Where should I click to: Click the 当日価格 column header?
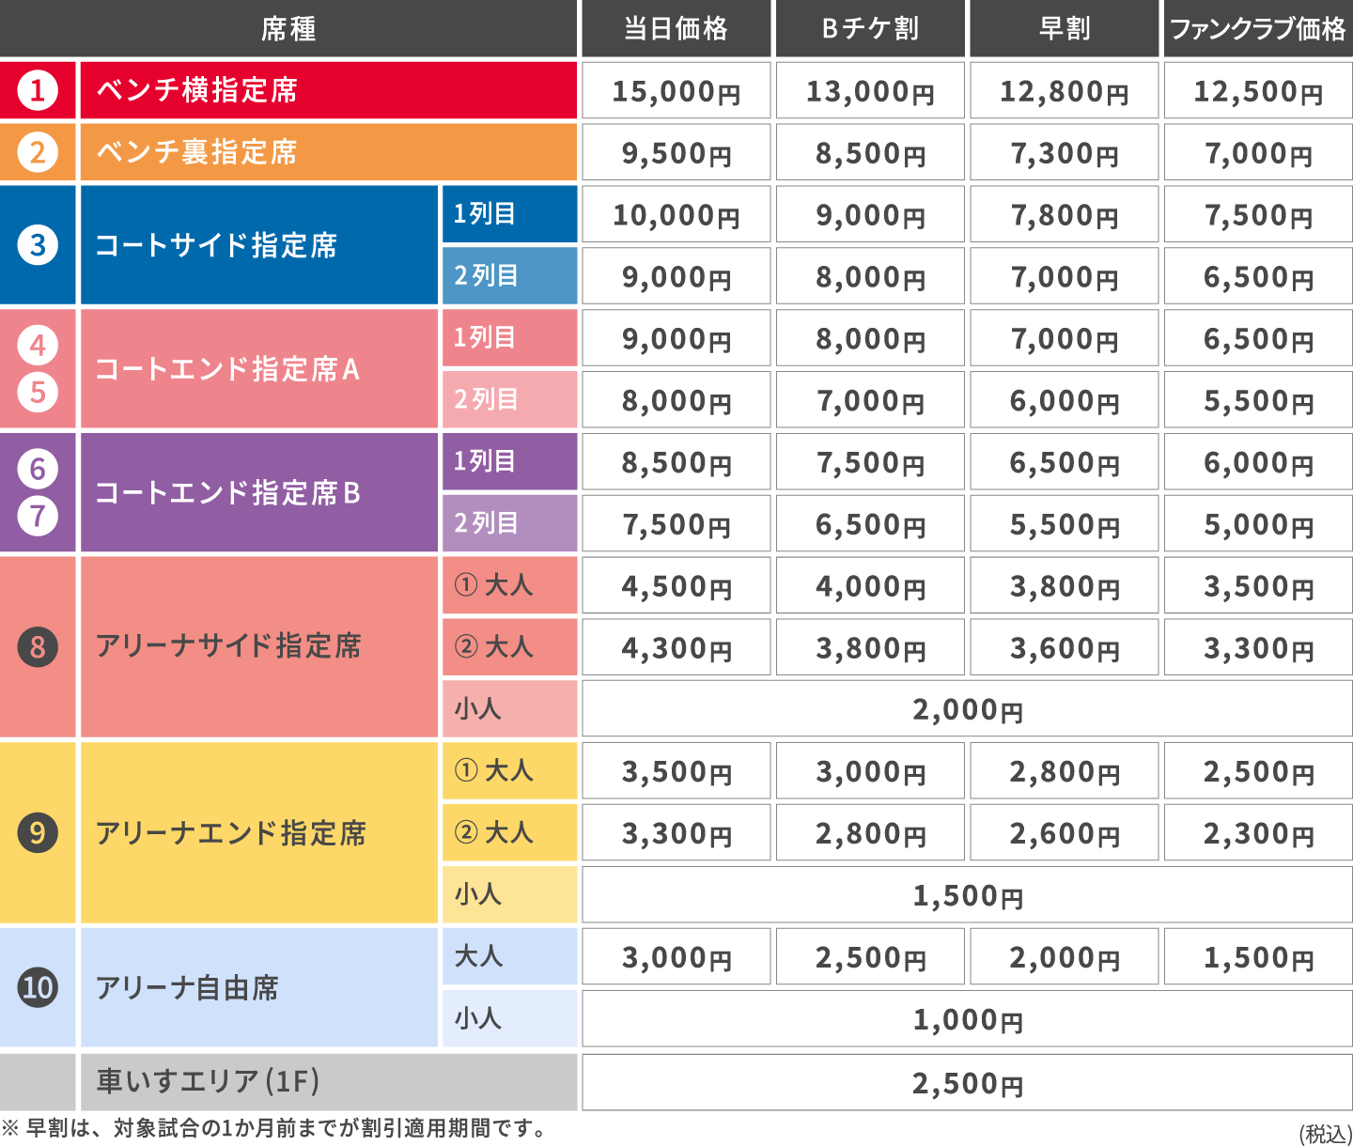(x=676, y=29)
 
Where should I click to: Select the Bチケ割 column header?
(x=870, y=29)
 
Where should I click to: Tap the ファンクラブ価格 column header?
(x=1257, y=29)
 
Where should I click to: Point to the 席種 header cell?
(x=288, y=29)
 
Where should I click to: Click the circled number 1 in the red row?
(x=38, y=90)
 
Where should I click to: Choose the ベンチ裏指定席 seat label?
(x=196, y=152)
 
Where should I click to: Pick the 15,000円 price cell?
(x=676, y=91)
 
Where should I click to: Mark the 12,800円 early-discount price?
(x=1064, y=91)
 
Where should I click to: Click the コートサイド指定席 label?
(x=216, y=245)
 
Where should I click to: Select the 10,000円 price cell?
(x=676, y=215)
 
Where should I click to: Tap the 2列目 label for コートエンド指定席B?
(x=486, y=522)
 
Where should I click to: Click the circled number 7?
(x=38, y=516)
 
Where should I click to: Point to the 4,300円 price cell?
(x=676, y=648)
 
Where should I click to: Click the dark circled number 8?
(x=38, y=646)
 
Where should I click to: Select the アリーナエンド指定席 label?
(x=230, y=832)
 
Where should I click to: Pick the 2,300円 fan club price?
(x=1257, y=833)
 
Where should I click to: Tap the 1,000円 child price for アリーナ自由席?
(x=967, y=1019)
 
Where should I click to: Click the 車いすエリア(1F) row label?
(x=208, y=1081)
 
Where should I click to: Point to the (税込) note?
(x=1325, y=1134)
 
